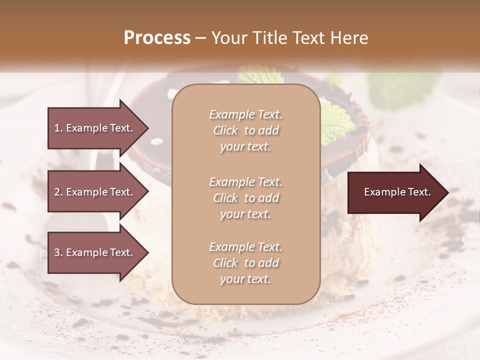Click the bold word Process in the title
(x=157, y=38)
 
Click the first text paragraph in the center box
(x=245, y=130)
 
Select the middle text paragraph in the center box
(x=245, y=198)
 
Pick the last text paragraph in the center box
(x=245, y=263)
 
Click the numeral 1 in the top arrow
(x=57, y=128)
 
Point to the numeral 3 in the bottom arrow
(x=57, y=252)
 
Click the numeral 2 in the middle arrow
(x=57, y=192)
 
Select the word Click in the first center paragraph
(x=225, y=130)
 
